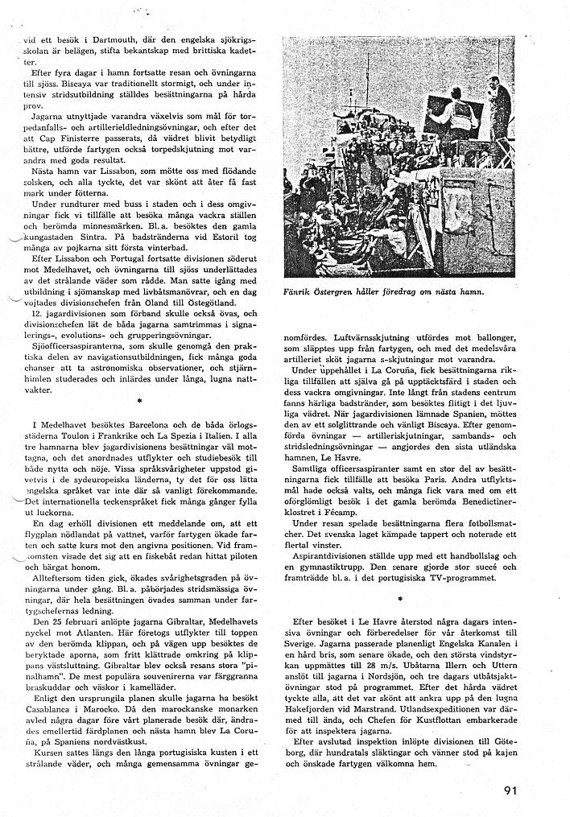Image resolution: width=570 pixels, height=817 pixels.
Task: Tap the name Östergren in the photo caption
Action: click(x=351, y=291)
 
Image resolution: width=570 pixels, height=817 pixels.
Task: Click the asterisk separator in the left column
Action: click(x=139, y=399)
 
